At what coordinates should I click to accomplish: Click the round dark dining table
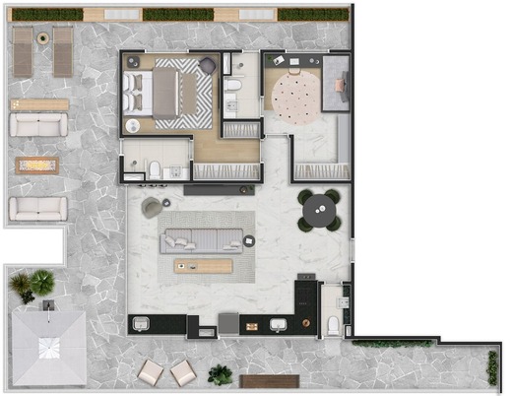(x=319, y=210)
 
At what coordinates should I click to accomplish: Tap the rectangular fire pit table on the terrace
(x=36, y=165)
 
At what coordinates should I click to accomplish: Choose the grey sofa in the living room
(x=203, y=238)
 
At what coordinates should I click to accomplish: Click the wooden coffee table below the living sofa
(x=203, y=266)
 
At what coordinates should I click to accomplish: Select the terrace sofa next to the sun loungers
(x=38, y=124)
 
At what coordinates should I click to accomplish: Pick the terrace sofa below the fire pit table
(x=38, y=208)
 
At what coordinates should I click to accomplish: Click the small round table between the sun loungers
(x=43, y=36)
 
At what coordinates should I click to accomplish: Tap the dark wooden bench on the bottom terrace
(x=269, y=381)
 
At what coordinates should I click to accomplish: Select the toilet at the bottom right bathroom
(x=334, y=326)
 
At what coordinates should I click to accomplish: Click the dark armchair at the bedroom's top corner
(x=208, y=65)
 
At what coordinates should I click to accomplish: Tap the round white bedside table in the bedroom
(x=134, y=125)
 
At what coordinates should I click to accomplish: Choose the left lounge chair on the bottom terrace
(x=150, y=372)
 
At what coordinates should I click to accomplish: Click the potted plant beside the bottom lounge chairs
(x=221, y=374)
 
